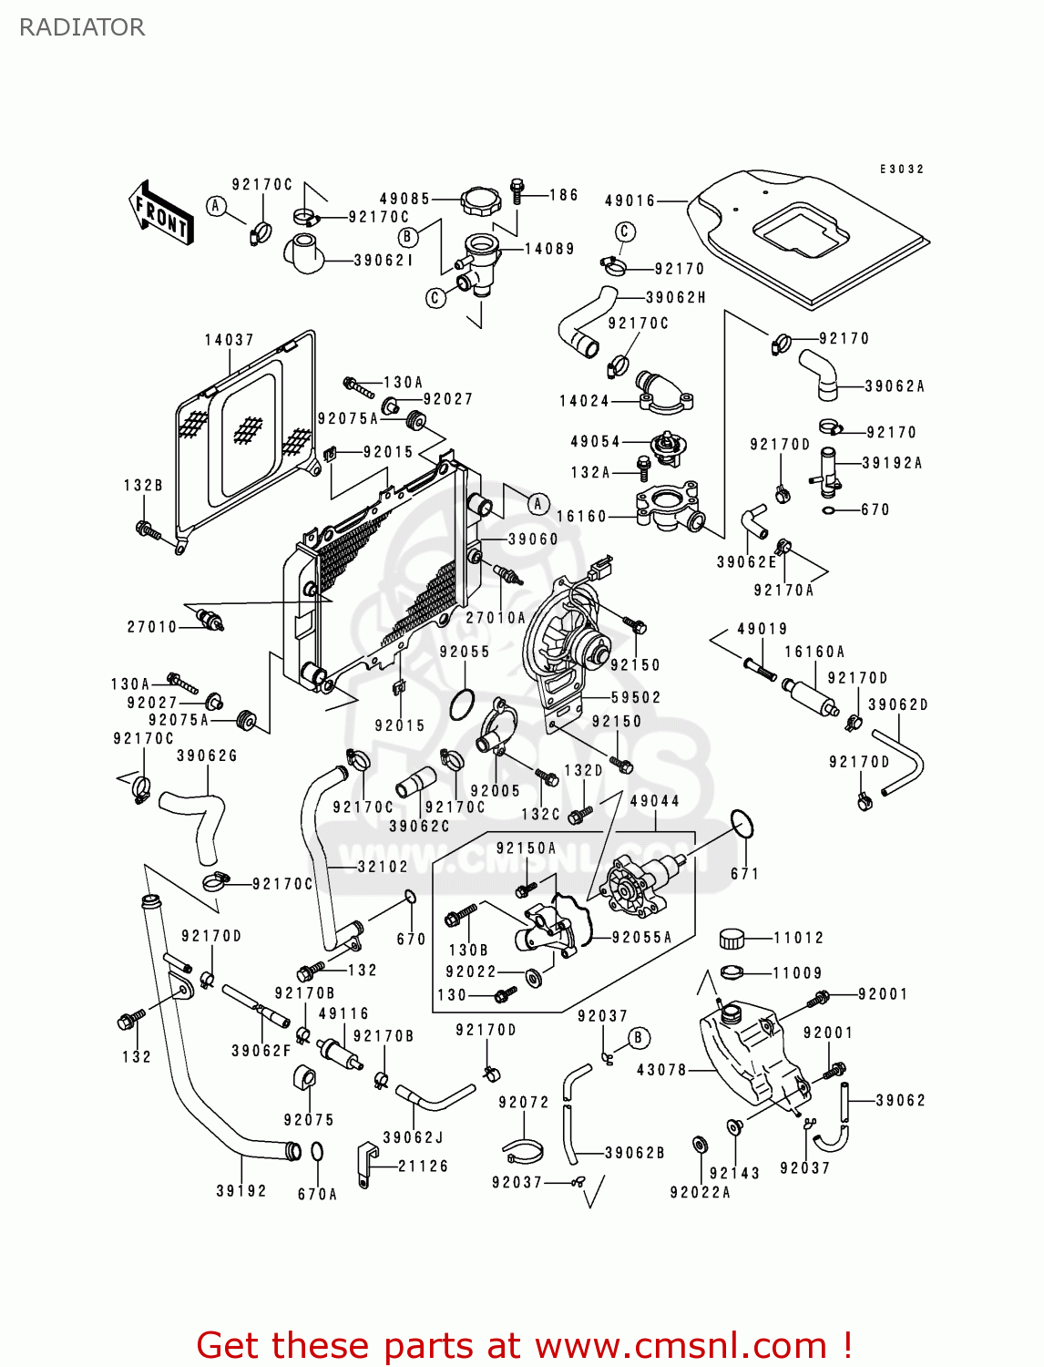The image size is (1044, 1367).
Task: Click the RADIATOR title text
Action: tap(82, 27)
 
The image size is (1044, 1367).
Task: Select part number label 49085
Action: tap(404, 199)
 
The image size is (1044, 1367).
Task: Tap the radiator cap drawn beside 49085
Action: tap(481, 200)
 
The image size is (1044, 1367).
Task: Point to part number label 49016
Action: tap(630, 200)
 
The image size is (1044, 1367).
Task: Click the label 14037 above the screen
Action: tap(229, 340)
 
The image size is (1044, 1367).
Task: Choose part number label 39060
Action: tap(533, 540)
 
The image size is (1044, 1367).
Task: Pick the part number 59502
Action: tap(636, 698)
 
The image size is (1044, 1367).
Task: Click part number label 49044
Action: tap(654, 801)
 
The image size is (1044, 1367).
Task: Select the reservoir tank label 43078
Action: tap(661, 1070)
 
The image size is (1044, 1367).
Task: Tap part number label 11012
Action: tap(798, 938)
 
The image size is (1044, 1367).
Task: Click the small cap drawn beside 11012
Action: tap(732, 938)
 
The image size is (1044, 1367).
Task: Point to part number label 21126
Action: tap(423, 1166)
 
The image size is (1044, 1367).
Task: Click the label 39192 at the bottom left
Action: tap(241, 1191)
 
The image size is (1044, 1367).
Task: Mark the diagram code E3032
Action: tap(902, 170)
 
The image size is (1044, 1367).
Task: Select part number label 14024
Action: tap(584, 401)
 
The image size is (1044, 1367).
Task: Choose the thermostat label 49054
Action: tap(595, 442)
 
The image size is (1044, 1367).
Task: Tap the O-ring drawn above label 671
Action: tap(743, 824)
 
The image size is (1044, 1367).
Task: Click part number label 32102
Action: tap(383, 867)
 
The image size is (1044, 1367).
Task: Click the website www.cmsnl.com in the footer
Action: tap(681, 1346)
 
